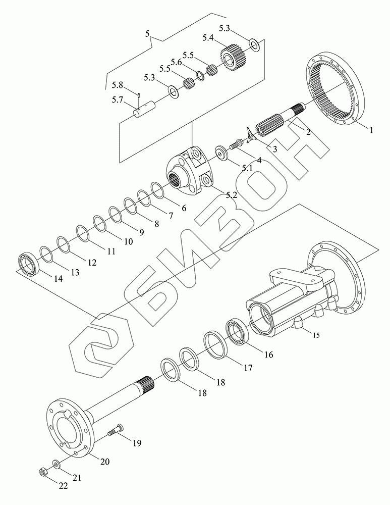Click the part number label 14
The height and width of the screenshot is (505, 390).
point(58,279)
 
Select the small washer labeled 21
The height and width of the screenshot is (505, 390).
point(57,464)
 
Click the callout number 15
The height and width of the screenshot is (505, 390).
point(316,335)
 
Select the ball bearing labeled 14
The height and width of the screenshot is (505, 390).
point(28,263)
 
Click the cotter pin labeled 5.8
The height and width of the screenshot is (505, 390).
point(138,95)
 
